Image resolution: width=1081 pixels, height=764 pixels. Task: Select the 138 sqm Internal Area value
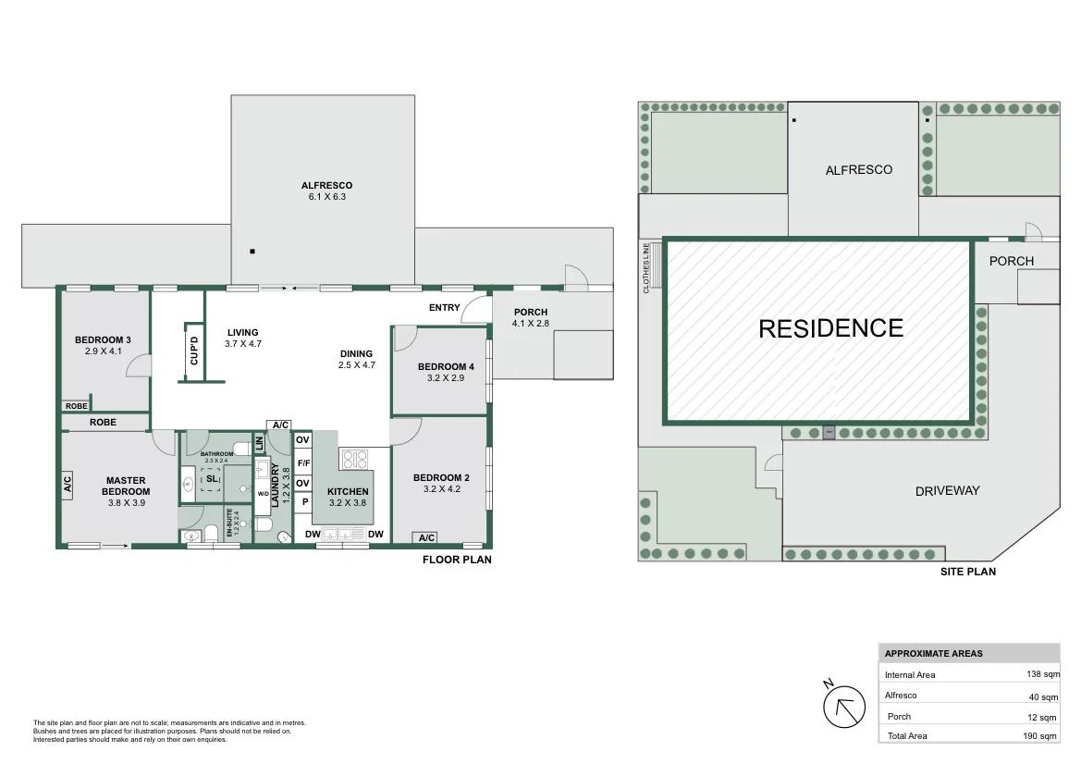pyautogui.click(x=1041, y=675)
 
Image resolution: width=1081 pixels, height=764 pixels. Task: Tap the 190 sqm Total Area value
pyautogui.click(x=1041, y=736)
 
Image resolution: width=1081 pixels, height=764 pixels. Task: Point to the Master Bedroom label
pyautogui.click(x=126, y=486)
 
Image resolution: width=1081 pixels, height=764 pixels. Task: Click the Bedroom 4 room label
pyautogui.click(x=446, y=367)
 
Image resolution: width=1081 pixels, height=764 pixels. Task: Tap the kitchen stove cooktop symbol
pyautogui.click(x=355, y=460)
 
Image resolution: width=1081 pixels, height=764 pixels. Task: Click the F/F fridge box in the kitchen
pyautogui.click(x=302, y=462)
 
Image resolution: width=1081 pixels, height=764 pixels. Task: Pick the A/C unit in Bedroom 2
pyautogui.click(x=426, y=538)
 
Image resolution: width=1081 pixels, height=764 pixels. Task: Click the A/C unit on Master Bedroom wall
pyautogui.click(x=68, y=484)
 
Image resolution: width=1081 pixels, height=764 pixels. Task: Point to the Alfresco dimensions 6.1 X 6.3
pyautogui.click(x=326, y=197)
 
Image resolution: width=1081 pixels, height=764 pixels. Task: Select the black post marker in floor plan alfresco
pyautogui.click(x=252, y=251)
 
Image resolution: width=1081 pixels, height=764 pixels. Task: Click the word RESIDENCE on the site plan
pyautogui.click(x=830, y=328)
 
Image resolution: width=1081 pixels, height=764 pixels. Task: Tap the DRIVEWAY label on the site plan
pyautogui.click(x=947, y=491)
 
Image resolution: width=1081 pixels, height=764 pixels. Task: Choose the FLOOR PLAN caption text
pyautogui.click(x=457, y=560)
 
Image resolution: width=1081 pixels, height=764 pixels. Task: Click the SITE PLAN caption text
pyautogui.click(x=967, y=572)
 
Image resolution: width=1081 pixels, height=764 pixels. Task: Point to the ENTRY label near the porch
pyautogui.click(x=444, y=308)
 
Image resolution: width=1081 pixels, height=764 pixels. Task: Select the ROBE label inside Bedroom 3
pyautogui.click(x=76, y=406)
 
